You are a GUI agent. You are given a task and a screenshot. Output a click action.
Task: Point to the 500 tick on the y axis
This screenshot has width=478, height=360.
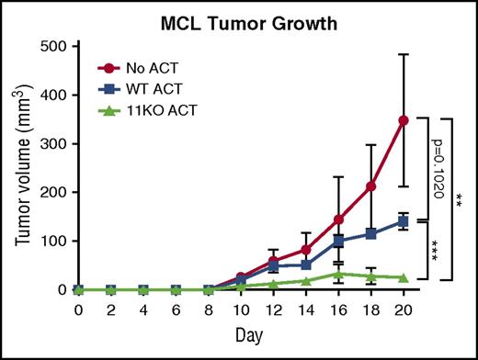53,47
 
